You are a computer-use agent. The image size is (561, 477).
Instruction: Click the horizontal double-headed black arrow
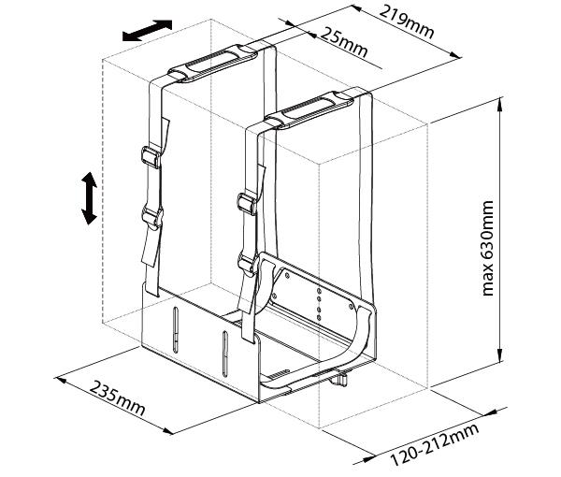pos(147,31)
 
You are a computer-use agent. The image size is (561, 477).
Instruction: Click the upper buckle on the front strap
pos(247,204)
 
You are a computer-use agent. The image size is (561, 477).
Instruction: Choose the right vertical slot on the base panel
pos(223,351)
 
